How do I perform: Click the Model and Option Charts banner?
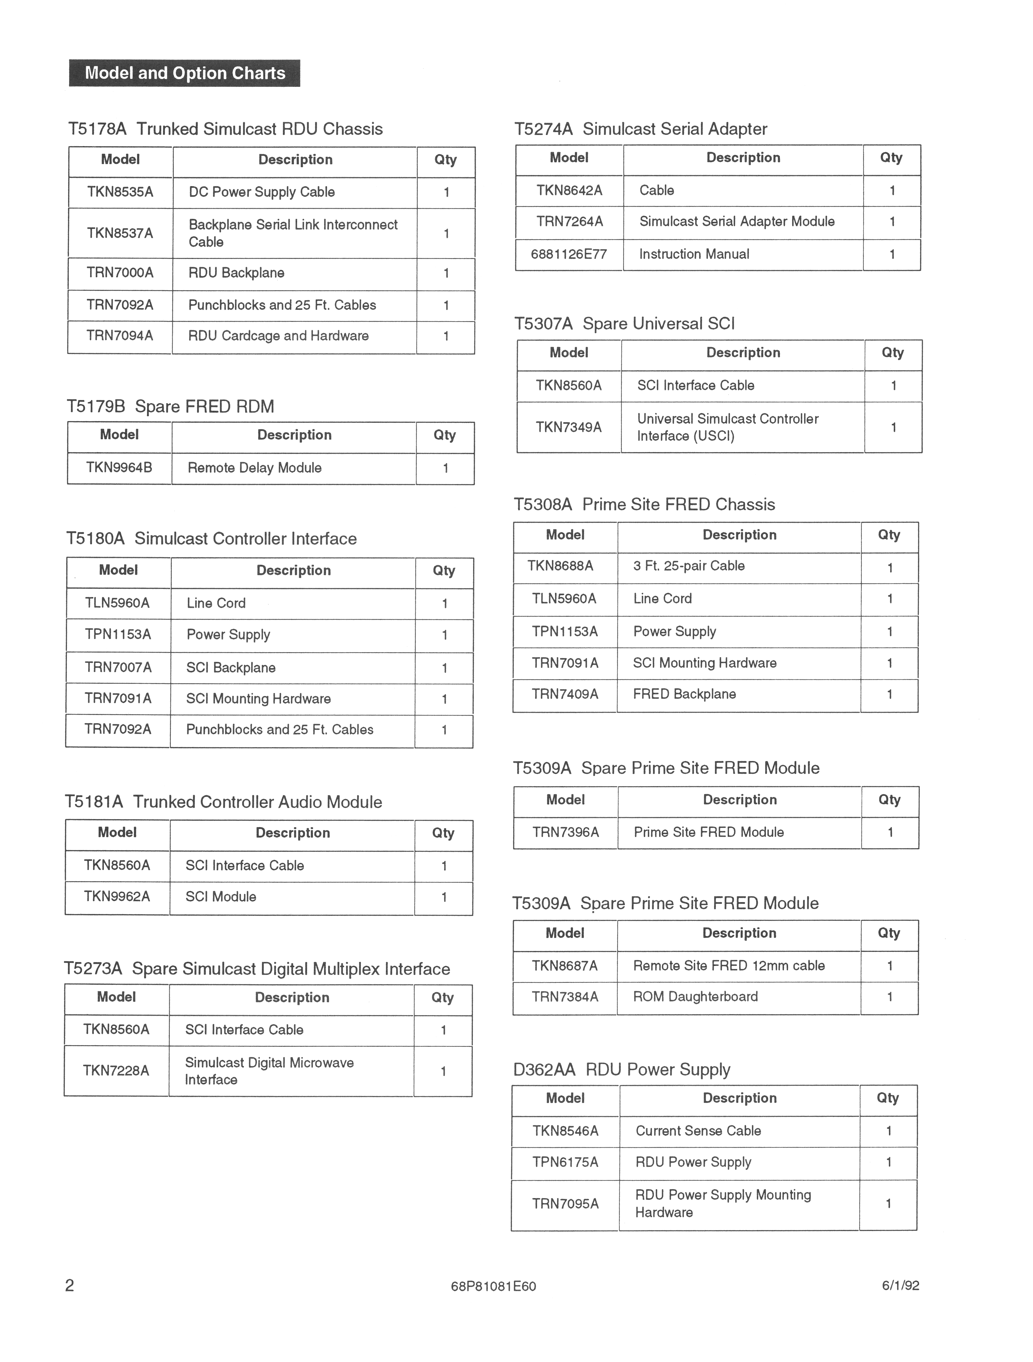click(x=185, y=73)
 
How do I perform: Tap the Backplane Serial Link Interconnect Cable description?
click(x=293, y=233)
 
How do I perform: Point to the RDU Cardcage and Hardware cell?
click(x=278, y=336)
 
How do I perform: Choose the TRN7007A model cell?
click(x=118, y=667)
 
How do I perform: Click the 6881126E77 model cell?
click(x=569, y=254)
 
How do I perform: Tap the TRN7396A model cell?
click(x=565, y=833)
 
